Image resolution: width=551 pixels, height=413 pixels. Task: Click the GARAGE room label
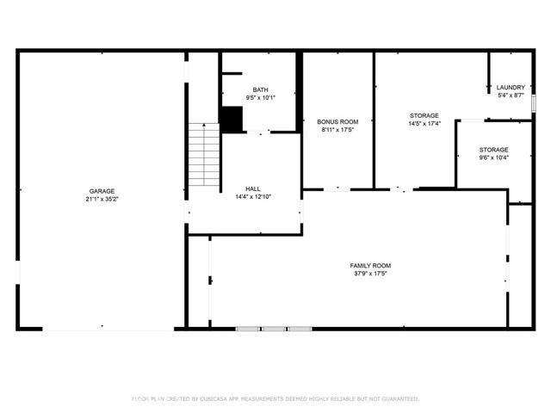(x=102, y=191)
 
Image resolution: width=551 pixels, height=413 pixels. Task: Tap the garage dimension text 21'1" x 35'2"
(x=102, y=199)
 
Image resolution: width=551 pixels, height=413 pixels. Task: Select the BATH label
(x=259, y=90)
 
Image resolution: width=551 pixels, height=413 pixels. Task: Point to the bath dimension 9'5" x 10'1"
(x=259, y=98)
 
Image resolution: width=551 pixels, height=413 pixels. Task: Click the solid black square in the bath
(x=231, y=119)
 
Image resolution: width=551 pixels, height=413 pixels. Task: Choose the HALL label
(x=252, y=188)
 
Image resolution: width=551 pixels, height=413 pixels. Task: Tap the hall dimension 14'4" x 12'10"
(x=252, y=196)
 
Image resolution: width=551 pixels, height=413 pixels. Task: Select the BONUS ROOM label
(x=337, y=122)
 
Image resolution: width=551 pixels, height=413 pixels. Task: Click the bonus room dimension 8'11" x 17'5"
(x=337, y=130)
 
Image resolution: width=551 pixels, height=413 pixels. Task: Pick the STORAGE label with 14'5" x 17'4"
(x=424, y=115)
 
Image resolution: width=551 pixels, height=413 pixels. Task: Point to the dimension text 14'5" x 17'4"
(x=424, y=123)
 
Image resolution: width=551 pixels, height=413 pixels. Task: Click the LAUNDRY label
(x=511, y=87)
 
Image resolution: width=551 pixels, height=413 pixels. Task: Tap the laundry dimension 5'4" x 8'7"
(x=511, y=95)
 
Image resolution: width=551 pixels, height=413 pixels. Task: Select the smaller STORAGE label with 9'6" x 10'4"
(x=493, y=150)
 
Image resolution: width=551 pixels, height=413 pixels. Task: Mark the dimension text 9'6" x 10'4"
(x=493, y=157)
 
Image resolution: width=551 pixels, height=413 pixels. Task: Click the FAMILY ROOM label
(x=370, y=266)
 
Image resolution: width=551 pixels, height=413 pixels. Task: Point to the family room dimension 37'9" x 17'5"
(x=370, y=274)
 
